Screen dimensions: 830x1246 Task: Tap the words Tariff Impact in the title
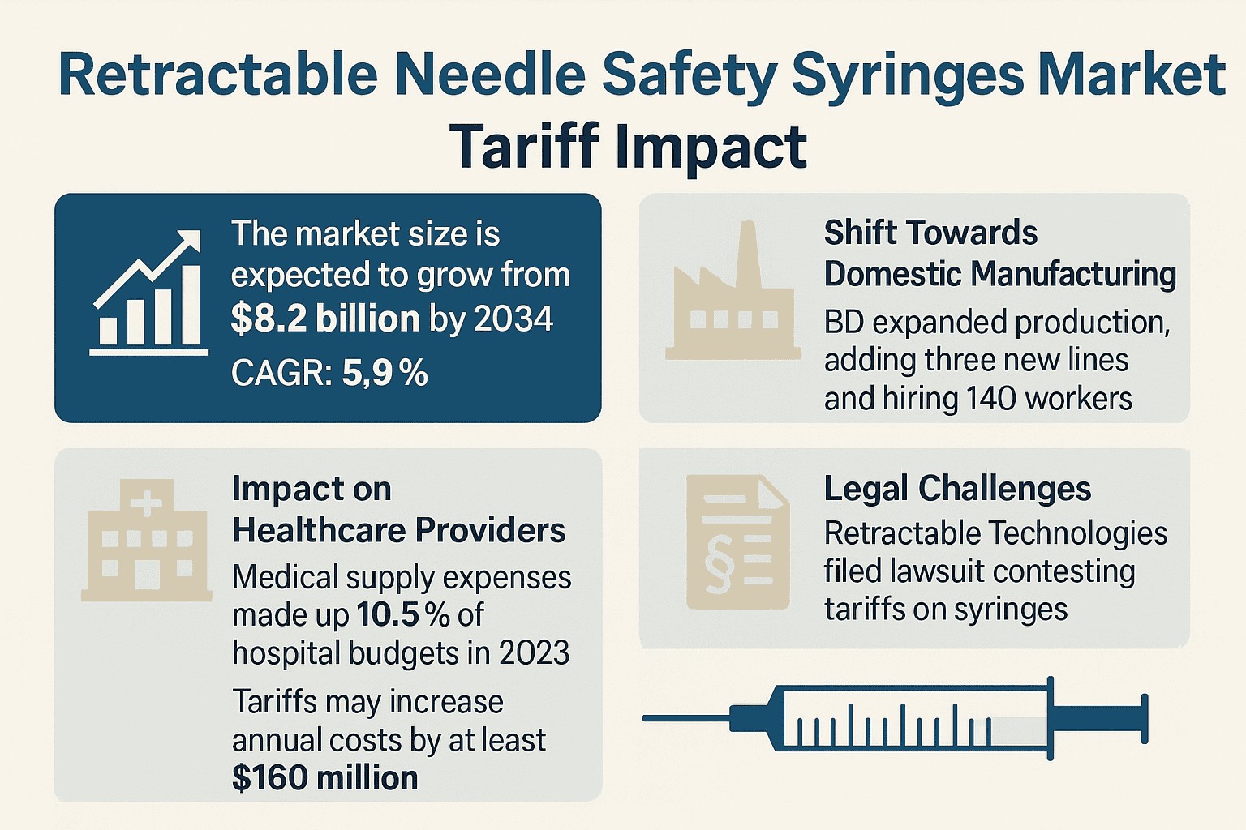629,148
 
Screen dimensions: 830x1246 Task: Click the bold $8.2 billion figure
324,319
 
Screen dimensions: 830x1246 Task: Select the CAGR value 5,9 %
385,374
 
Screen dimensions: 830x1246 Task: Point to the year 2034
513,319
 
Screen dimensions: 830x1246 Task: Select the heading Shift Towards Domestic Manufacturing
999,254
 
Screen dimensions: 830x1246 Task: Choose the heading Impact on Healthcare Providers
397,510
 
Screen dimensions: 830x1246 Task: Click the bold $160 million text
324,778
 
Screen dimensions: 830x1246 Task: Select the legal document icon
737,541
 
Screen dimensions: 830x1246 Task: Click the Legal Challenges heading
957,489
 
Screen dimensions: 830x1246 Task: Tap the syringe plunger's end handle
1145,718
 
